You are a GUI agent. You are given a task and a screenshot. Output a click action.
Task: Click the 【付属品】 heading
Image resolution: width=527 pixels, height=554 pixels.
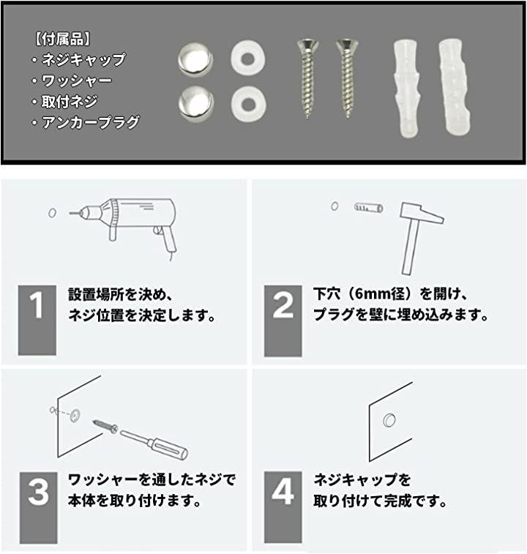(62, 40)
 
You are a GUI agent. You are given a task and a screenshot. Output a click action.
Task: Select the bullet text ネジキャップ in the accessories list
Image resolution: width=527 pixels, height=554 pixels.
(83, 60)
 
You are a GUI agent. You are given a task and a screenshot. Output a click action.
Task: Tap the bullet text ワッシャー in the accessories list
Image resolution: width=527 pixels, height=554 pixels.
(77, 81)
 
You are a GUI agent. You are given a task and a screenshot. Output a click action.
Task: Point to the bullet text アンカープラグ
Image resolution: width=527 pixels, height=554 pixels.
(91, 122)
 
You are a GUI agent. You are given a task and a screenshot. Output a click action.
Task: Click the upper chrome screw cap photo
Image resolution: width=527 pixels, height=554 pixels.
(195, 59)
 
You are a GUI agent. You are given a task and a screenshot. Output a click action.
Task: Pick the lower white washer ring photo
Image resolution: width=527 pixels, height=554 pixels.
(248, 104)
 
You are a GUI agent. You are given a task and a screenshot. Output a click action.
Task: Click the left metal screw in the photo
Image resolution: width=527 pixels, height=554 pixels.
(307, 78)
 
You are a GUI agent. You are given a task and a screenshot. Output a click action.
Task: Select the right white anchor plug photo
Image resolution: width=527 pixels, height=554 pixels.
(455, 87)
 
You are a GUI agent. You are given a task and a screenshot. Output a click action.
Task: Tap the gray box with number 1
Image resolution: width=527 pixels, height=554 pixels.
(37, 320)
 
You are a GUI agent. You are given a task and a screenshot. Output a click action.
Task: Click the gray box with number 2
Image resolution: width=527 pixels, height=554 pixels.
(283, 321)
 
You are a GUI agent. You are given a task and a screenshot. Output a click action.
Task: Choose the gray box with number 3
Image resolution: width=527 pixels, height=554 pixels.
(38, 508)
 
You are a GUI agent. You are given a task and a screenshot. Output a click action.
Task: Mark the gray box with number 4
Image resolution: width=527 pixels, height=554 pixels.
(283, 507)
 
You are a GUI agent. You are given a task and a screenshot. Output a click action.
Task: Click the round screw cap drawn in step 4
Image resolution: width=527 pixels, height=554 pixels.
(389, 420)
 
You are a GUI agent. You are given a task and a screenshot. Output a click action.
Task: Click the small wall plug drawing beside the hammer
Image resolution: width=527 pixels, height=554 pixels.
(369, 207)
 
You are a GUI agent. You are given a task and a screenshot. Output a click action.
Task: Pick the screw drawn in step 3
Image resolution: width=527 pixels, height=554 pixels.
(105, 425)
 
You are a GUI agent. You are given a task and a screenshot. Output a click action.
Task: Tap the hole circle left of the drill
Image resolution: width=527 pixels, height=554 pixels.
(52, 213)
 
